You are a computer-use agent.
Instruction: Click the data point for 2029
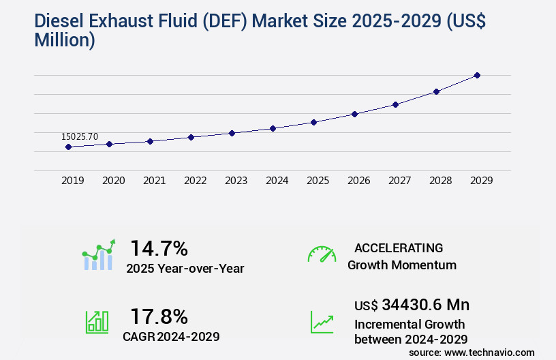[x=477, y=75]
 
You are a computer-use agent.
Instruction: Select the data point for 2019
[x=68, y=147]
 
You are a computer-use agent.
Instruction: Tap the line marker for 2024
[x=273, y=128]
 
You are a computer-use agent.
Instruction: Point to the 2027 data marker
[x=395, y=104]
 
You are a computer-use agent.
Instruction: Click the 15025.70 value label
[x=80, y=136]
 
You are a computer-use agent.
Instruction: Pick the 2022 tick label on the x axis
[x=195, y=181]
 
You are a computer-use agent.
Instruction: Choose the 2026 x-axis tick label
[x=358, y=181]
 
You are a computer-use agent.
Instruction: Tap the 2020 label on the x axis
[x=113, y=181]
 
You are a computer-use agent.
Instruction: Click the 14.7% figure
[x=159, y=247]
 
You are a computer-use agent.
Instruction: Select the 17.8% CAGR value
[x=159, y=316]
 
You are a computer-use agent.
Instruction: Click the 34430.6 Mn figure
[x=425, y=304]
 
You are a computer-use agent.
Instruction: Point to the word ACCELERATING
[x=399, y=248]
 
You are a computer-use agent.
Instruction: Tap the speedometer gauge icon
[x=322, y=254]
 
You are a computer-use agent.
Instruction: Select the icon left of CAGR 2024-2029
[x=97, y=321]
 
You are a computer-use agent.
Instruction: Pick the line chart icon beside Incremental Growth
[x=322, y=322]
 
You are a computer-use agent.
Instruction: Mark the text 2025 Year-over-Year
[x=185, y=269]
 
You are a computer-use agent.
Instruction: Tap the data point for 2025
[x=313, y=122]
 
